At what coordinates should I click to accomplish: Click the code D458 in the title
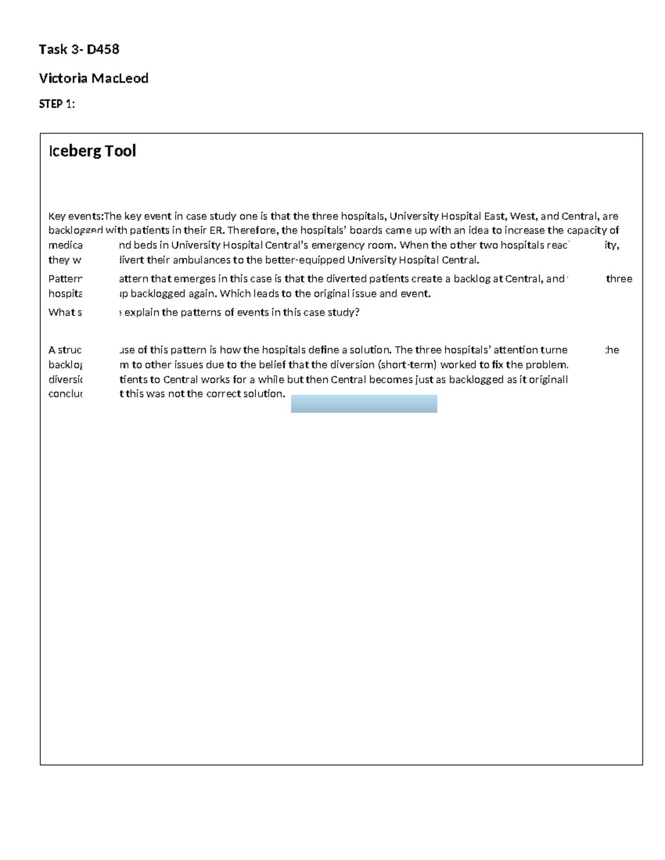pos(103,50)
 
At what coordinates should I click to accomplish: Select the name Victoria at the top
pos(63,79)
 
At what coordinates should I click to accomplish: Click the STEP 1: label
pos(57,104)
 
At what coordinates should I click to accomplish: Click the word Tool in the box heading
pos(119,151)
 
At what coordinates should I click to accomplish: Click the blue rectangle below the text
pos(364,404)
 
